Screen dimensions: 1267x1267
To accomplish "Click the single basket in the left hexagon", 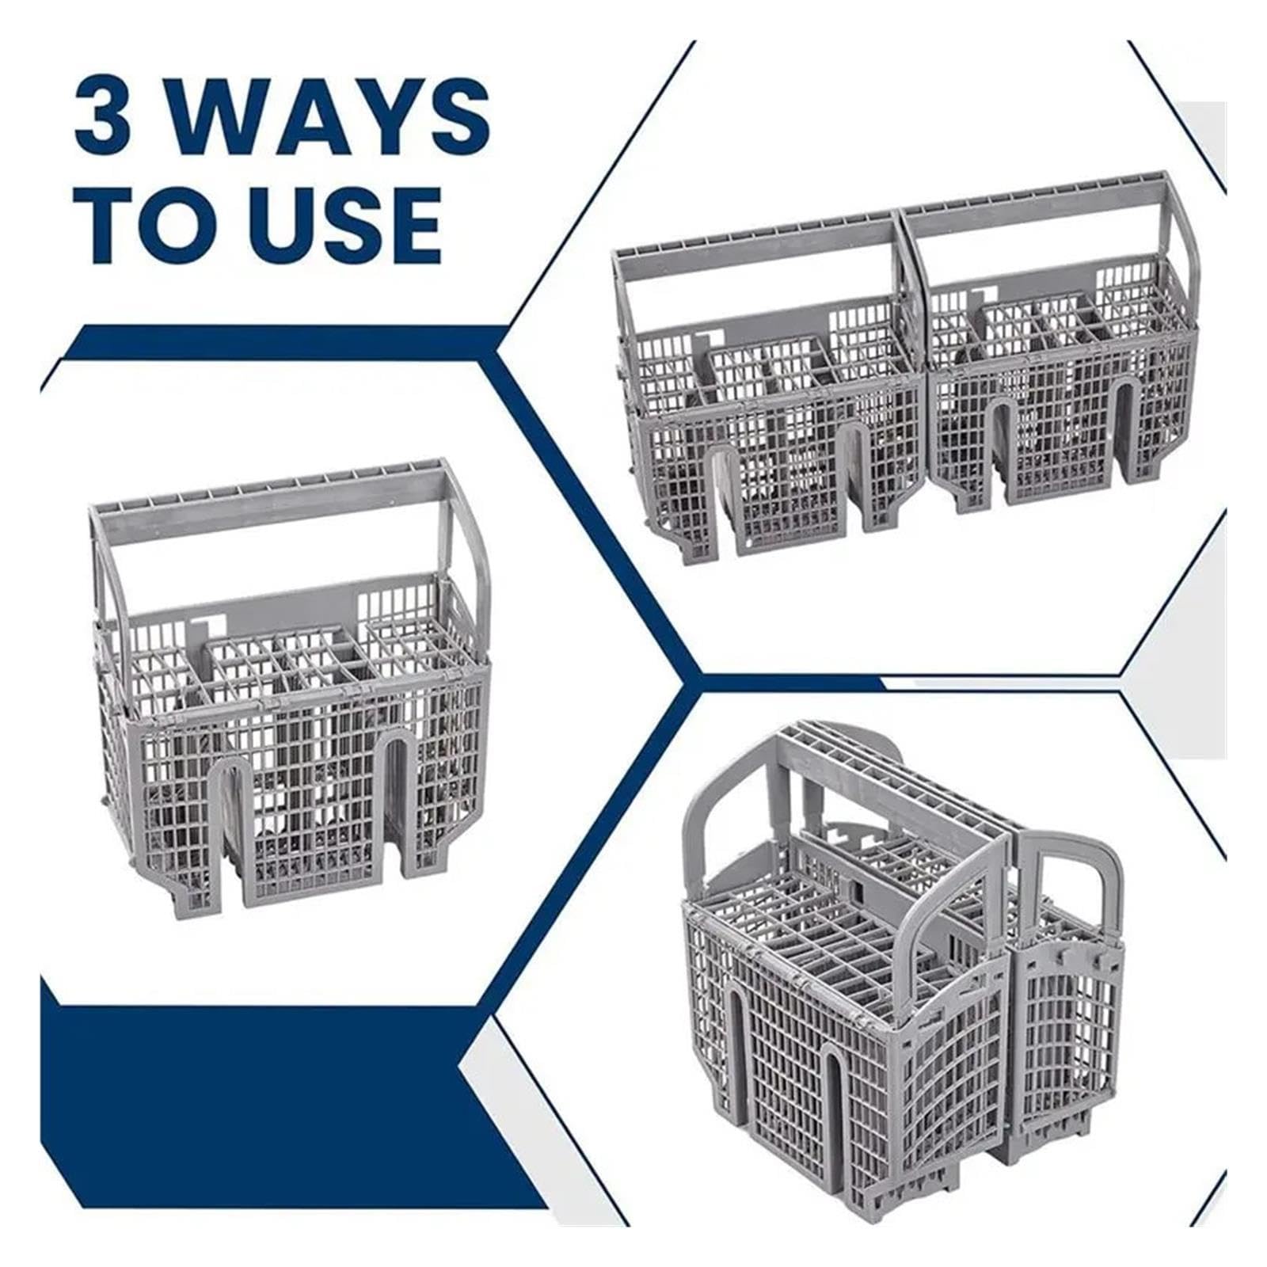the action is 288,681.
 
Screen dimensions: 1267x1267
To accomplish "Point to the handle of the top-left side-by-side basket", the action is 760,238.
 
